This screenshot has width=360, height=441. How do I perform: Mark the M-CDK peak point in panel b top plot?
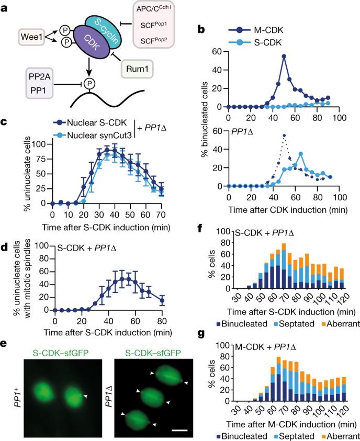(284, 56)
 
